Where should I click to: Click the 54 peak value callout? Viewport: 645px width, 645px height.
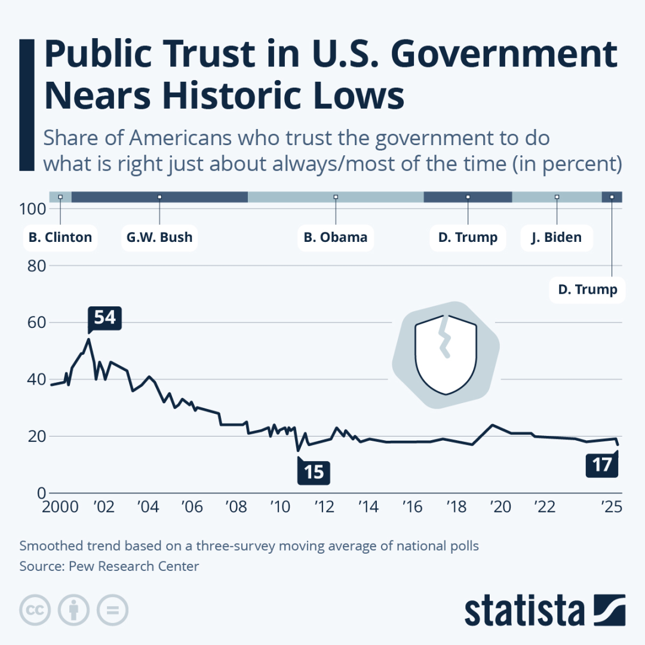point(105,318)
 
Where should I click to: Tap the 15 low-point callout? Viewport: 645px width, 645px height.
point(314,472)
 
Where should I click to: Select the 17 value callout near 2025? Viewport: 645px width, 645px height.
point(601,465)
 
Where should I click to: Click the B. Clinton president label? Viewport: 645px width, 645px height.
point(60,238)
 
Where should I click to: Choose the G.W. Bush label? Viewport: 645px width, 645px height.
point(159,238)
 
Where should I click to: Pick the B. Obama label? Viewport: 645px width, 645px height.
point(335,238)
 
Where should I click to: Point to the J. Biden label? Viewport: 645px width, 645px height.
point(556,238)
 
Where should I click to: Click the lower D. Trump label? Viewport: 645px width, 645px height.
point(587,290)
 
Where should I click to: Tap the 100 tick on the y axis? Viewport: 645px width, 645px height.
point(33,209)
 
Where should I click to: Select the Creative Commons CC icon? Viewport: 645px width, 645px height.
point(35,610)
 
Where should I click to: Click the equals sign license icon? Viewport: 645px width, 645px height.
point(112,610)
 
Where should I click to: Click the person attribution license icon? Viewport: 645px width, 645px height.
point(73,610)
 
